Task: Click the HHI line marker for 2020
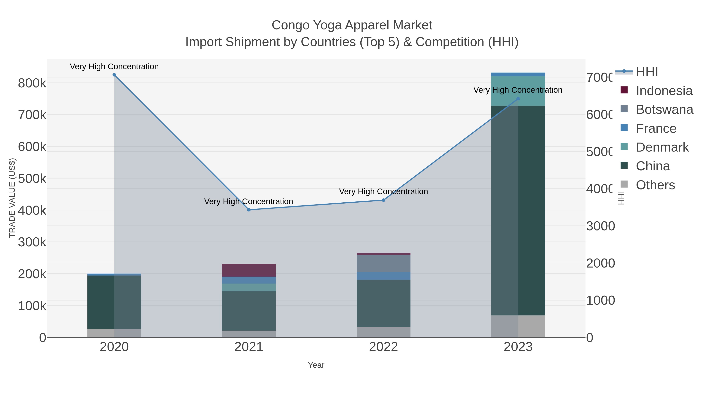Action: click(x=114, y=75)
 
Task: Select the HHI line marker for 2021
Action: click(x=249, y=210)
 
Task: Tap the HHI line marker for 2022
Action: click(x=383, y=200)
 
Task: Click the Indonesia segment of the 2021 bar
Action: click(x=249, y=270)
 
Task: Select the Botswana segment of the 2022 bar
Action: click(x=383, y=263)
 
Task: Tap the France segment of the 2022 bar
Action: click(x=383, y=276)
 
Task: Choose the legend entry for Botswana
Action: click(x=664, y=110)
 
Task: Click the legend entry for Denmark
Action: click(x=662, y=147)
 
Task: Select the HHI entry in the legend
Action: click(x=647, y=72)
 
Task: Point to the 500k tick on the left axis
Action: click(x=32, y=179)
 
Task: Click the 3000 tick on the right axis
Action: click(x=600, y=226)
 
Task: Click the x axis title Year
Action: click(x=316, y=365)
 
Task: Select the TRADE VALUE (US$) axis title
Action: click(x=12, y=198)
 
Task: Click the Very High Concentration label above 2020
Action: click(x=114, y=66)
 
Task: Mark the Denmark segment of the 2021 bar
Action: click(x=249, y=287)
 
